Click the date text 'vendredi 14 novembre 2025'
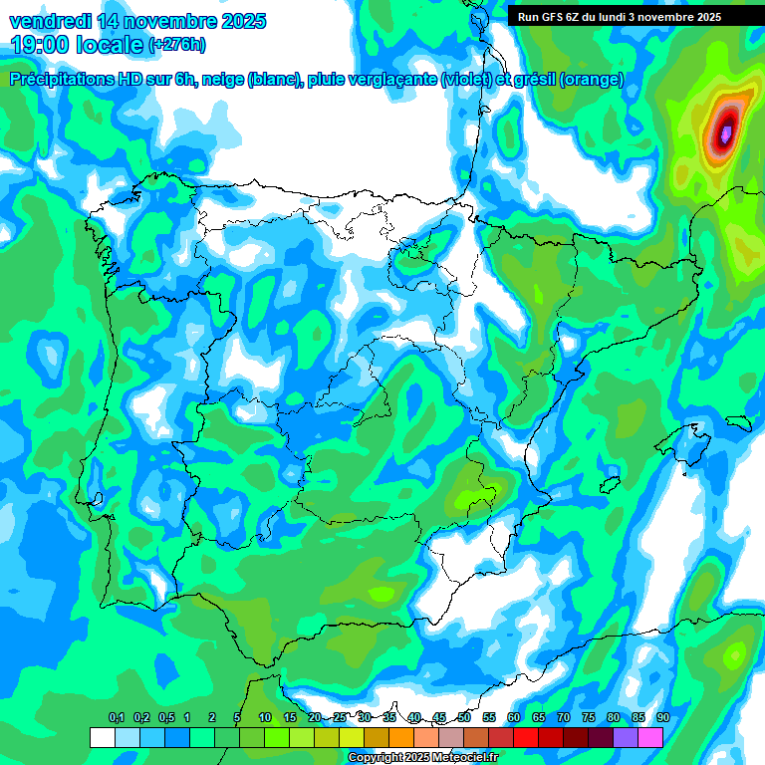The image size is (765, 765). click(x=137, y=20)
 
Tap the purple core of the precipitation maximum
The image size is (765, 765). click(x=726, y=131)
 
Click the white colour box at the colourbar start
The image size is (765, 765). click(x=102, y=738)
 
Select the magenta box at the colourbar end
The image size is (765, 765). click(x=650, y=738)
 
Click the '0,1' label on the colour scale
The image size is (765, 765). click(x=116, y=718)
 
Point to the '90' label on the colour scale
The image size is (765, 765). click(x=662, y=718)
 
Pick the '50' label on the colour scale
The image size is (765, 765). click(x=464, y=718)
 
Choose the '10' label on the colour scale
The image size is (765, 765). click(x=265, y=718)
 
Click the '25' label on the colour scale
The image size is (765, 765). click(x=340, y=718)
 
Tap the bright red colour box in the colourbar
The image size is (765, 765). click(x=526, y=738)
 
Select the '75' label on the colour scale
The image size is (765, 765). click(x=588, y=718)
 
